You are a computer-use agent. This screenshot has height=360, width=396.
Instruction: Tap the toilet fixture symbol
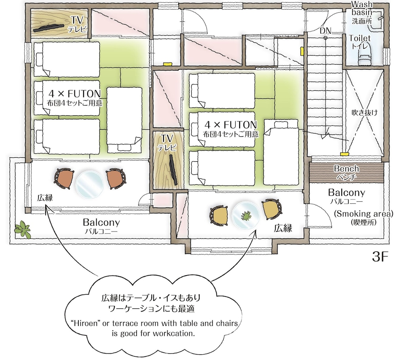coord(364,58)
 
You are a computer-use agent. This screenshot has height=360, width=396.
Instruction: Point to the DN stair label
coord(325,31)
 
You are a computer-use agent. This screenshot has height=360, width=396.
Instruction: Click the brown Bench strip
coord(346,172)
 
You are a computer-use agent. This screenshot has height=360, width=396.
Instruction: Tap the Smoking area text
coord(364,214)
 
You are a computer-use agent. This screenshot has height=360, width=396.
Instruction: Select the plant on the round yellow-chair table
coord(246,216)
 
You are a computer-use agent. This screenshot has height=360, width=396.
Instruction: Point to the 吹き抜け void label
coord(365,113)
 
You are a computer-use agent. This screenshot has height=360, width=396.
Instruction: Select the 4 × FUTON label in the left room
coord(74,94)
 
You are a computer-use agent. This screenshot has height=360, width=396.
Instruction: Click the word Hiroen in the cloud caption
coord(88,324)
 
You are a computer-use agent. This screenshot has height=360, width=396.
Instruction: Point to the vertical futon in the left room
coord(124,119)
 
